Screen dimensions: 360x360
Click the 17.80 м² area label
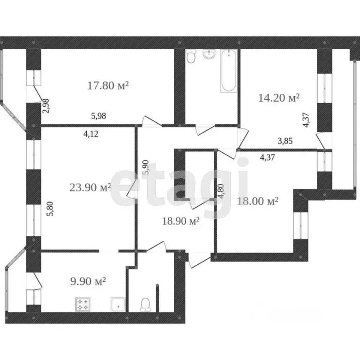click(x=108, y=86)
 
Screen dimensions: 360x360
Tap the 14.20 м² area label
click(x=279, y=98)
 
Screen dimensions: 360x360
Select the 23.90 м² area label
click(x=90, y=187)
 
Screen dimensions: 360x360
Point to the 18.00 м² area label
click(x=258, y=202)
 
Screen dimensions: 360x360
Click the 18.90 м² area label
click(x=180, y=221)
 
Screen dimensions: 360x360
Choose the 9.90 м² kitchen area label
click(x=88, y=281)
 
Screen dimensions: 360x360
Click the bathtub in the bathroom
click(x=229, y=71)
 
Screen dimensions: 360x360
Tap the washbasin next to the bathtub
click(x=209, y=54)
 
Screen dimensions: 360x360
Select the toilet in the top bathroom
click(x=191, y=57)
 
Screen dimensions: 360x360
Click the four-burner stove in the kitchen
click(x=83, y=304)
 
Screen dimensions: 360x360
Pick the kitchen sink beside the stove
click(x=118, y=304)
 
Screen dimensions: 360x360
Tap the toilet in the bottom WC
click(x=146, y=305)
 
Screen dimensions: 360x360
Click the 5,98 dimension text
click(x=99, y=116)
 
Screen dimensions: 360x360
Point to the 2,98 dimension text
click(x=46, y=106)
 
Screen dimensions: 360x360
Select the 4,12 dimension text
click(x=90, y=134)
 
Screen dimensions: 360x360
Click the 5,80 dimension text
click(x=50, y=209)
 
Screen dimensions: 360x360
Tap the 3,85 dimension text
click(x=285, y=141)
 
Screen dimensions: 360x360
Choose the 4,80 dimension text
click(x=221, y=191)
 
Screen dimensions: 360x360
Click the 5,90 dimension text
click(x=146, y=168)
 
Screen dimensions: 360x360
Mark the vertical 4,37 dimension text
click(x=307, y=120)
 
